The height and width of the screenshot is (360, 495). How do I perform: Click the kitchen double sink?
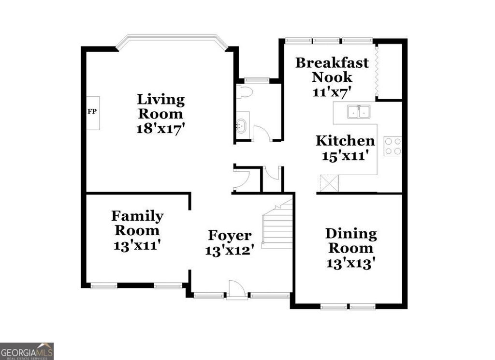point(358,112)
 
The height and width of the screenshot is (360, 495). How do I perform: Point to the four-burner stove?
point(393,146)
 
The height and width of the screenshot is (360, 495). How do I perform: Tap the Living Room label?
point(161,107)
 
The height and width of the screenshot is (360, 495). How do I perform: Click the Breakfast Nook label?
point(332,70)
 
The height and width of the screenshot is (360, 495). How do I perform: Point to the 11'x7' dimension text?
point(332,91)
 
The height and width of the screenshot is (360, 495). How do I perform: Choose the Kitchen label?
point(345,141)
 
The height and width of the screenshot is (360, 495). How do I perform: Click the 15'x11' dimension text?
point(346,156)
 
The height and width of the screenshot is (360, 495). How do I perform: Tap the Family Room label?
point(137,223)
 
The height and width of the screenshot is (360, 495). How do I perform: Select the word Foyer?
point(230,236)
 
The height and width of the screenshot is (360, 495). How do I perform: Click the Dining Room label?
point(351,240)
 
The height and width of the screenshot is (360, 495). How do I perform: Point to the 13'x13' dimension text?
point(351,263)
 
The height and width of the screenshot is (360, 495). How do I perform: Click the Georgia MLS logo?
point(27,351)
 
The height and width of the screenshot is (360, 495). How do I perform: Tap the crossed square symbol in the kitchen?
point(330,184)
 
